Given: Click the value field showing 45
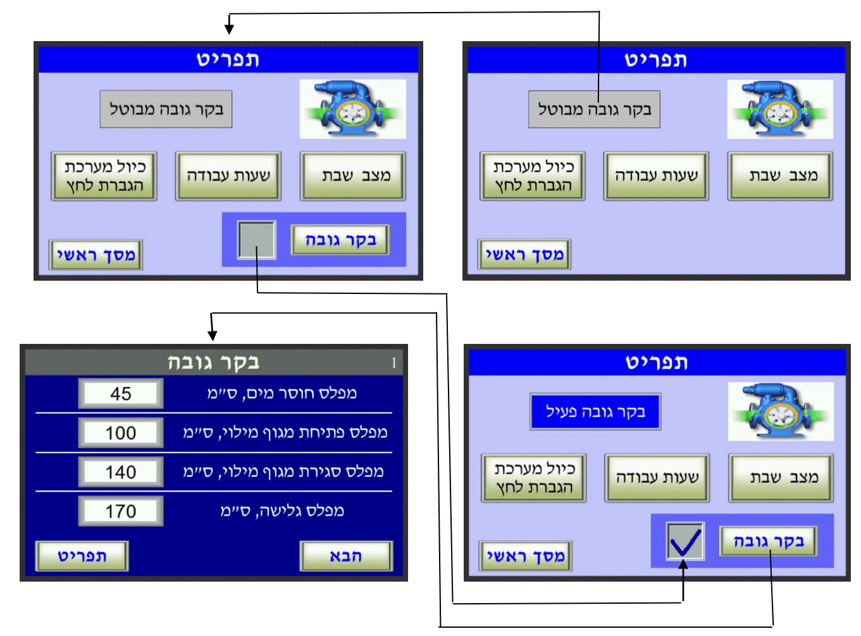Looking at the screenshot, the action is tap(120, 393).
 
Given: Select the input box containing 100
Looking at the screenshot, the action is tap(120, 432).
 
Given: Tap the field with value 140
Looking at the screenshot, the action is tap(120, 472).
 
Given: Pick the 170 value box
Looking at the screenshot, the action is tap(120, 511).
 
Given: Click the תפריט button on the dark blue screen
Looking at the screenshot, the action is tap(82, 556).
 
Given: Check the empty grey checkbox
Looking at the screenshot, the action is tap(257, 240).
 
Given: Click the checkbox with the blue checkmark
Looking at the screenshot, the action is tap(685, 541).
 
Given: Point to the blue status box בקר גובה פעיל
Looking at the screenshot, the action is tap(595, 411).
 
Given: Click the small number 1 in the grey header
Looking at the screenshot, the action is tap(393, 362).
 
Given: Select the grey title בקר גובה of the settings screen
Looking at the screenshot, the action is tap(213, 362).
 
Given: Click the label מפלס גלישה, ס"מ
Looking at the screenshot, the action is tap(282, 510).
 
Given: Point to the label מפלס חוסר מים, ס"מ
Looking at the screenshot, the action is tap(282, 393).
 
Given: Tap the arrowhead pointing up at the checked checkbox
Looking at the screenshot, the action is tap(683, 565).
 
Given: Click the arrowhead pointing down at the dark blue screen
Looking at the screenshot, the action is tap(212, 335).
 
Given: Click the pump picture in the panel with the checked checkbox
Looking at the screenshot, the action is tap(781, 412).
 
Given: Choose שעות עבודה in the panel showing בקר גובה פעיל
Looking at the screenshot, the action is tap(657, 478).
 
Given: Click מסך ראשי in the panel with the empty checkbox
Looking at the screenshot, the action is tap(96, 255).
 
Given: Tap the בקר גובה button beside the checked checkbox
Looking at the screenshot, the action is tap(768, 541).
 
